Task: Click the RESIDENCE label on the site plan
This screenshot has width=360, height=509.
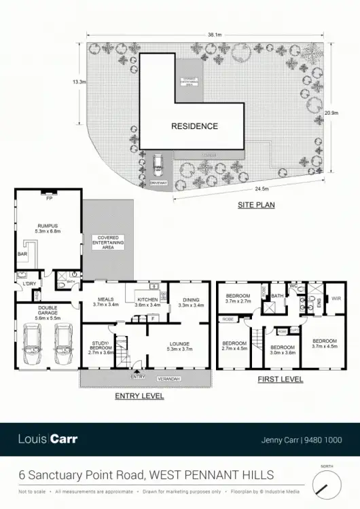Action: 194,126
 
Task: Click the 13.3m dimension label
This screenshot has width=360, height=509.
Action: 79,82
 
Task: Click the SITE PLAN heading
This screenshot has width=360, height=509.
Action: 256,204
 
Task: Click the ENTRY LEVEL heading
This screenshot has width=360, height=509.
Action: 139,396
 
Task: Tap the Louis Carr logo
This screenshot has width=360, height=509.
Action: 48,439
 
